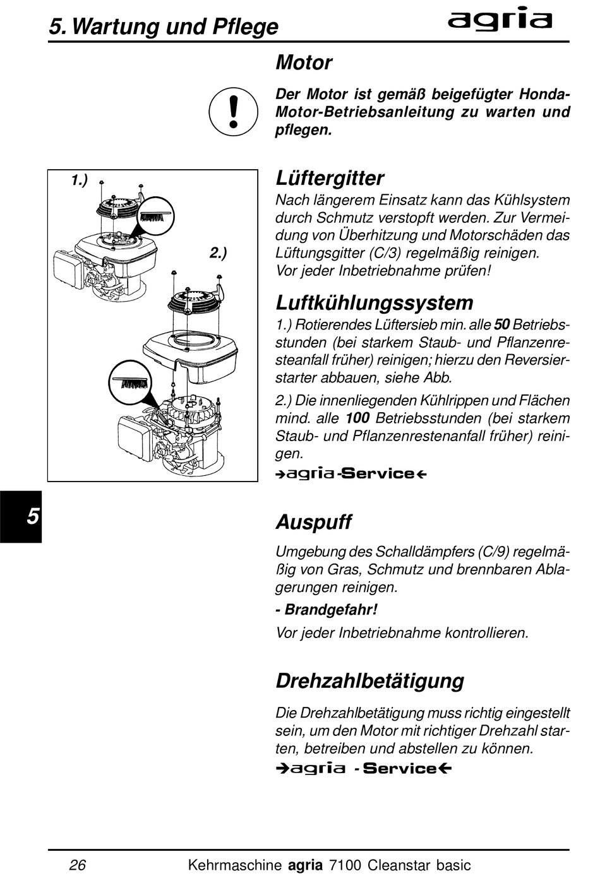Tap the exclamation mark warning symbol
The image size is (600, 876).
point(233,112)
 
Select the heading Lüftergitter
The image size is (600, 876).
point(330,179)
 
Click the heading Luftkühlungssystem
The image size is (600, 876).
point(375,303)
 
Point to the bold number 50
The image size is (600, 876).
point(501,324)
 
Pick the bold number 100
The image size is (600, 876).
point(357,418)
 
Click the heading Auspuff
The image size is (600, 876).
point(313,522)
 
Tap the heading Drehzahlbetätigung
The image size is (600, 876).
point(370,681)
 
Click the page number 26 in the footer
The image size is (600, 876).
point(78,865)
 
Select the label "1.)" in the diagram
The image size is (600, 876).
point(79,181)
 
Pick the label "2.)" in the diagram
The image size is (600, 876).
point(218,253)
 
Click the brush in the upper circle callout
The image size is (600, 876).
point(155,216)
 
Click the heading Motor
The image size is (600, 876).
point(304,62)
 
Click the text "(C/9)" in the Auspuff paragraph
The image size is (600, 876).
point(493,552)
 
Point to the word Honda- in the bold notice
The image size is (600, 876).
point(544,94)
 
